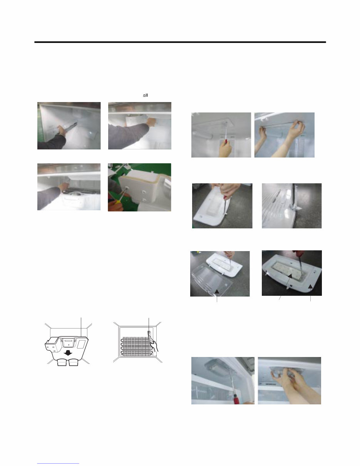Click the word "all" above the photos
[145, 95]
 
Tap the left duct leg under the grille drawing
[62, 363]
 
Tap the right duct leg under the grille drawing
[74, 363]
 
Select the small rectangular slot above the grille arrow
[69, 341]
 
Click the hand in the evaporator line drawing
[154, 345]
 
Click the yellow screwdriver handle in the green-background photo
[117, 202]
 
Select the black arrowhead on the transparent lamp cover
[217, 292]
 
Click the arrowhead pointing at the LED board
[290, 276]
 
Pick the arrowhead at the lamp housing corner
[310, 287]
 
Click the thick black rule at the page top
[180, 42]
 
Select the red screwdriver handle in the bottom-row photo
[236, 400]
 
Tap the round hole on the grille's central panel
[69, 345]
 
